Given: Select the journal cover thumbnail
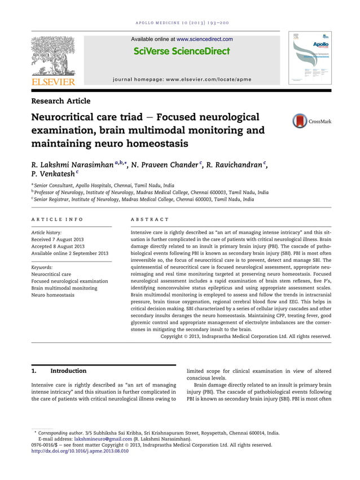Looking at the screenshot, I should [x=310, y=58].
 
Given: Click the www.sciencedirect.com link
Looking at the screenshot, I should [x=204, y=39].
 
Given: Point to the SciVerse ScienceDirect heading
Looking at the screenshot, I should [x=182, y=51].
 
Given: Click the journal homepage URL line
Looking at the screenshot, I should [x=181, y=80].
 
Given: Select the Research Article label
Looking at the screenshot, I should [x=60, y=101].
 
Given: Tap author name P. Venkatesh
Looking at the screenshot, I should [x=56, y=175].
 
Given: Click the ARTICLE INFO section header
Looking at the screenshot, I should [x=57, y=219].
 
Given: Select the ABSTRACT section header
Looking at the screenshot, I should [x=150, y=219].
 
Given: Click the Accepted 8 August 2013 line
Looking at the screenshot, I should [x=58, y=246].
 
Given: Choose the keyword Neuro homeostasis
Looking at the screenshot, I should [x=52, y=295].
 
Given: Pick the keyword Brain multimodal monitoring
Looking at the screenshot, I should [x=64, y=288].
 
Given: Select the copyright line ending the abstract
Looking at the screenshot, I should [x=245, y=336].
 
